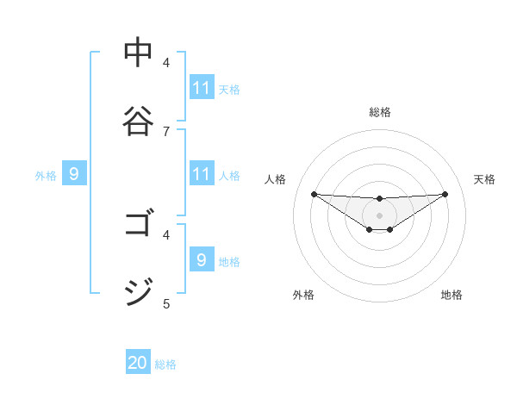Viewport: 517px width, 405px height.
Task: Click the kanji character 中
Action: [x=138, y=53]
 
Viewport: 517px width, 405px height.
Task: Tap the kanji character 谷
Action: [x=138, y=121]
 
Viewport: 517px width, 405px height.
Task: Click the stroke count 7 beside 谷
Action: [x=166, y=131]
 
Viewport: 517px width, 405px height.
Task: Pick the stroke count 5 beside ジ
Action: [x=166, y=302]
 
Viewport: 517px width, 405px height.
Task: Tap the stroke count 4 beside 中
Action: [x=166, y=63]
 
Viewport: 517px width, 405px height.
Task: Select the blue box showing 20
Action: [x=138, y=363]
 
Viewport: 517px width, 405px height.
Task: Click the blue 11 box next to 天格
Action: [x=202, y=88]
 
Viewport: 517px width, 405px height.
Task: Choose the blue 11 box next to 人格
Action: [x=202, y=174]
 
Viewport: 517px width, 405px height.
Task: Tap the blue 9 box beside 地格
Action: [x=202, y=259]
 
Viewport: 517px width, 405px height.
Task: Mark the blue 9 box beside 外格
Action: [x=74, y=174]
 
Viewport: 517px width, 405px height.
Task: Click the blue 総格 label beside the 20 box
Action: [x=165, y=364]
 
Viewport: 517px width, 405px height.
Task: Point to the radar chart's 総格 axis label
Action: [x=379, y=112]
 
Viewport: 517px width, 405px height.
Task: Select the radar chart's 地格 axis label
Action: [x=452, y=295]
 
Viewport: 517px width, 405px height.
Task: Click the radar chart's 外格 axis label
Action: [x=303, y=295]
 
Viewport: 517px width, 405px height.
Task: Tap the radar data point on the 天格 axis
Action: [x=445, y=194]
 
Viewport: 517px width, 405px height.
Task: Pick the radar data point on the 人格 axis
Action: [x=314, y=194]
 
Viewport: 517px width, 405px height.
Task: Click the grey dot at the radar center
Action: [x=379, y=215]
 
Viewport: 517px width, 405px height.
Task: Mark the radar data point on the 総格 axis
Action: [x=379, y=198]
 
